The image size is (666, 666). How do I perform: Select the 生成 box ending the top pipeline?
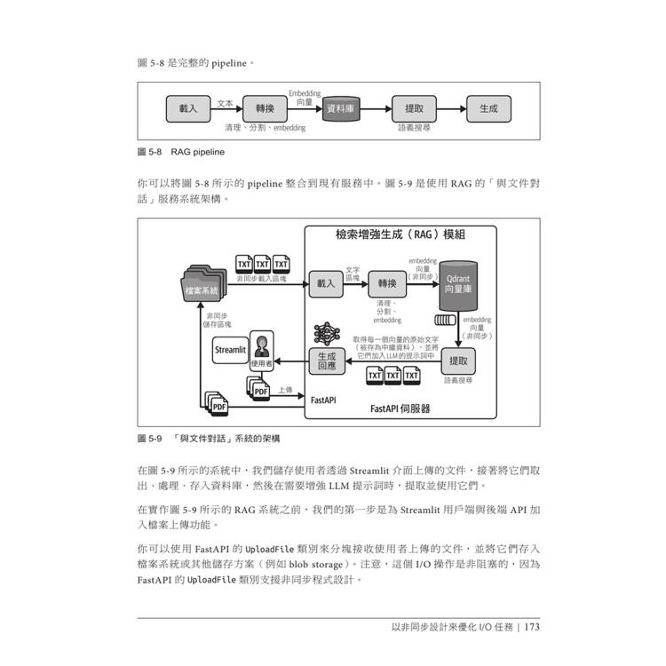(488, 108)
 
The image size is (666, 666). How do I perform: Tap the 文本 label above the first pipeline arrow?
(225, 103)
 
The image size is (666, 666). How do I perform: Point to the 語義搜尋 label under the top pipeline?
(414, 128)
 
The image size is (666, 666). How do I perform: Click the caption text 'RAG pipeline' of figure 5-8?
(198, 152)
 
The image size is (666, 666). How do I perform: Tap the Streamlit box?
(229, 350)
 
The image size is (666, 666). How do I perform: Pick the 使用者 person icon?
(261, 350)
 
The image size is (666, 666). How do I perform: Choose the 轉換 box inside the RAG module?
(386, 283)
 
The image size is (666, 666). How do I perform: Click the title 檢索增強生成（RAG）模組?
(400, 234)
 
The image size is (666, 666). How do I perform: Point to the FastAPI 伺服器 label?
(400, 408)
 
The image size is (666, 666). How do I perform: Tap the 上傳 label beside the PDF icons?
(284, 390)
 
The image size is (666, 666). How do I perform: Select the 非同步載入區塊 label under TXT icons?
(261, 278)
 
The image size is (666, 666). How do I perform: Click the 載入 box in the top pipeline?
(188, 108)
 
